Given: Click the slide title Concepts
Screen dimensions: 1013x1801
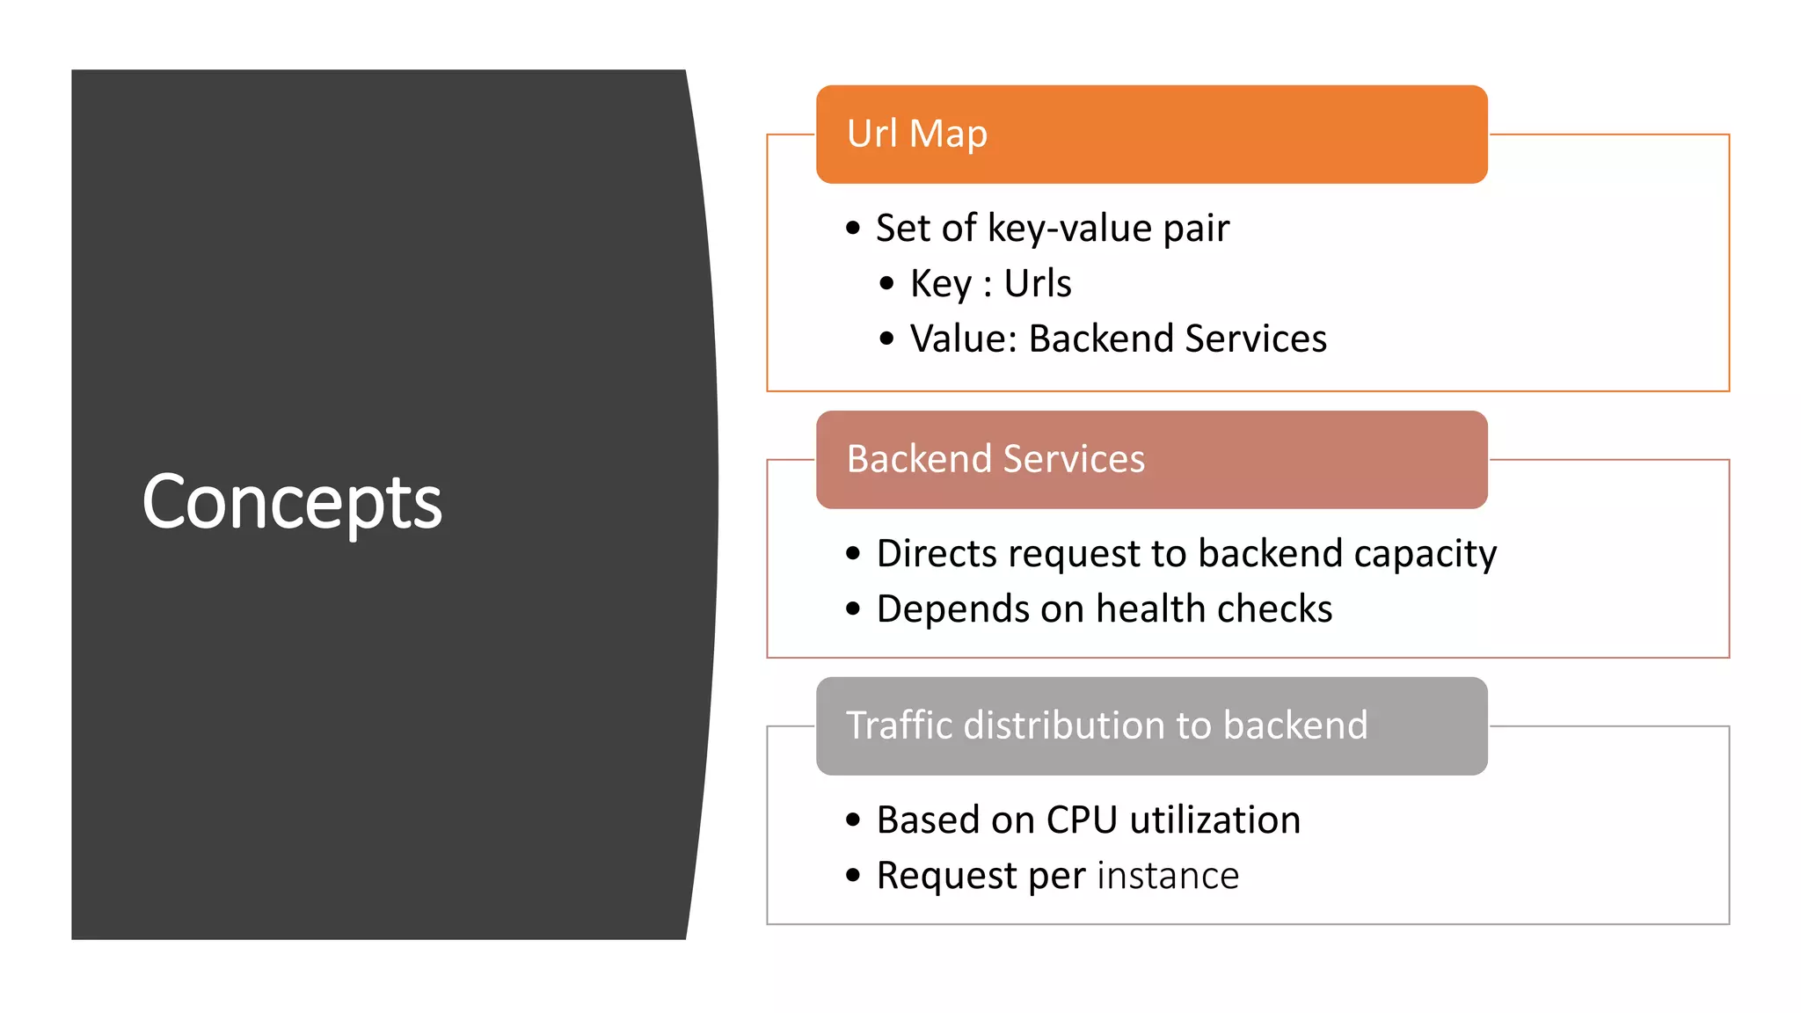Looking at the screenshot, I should [292, 503].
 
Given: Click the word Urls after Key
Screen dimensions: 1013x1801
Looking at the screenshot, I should [1038, 284].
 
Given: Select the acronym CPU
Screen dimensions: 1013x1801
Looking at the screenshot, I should [1082, 820].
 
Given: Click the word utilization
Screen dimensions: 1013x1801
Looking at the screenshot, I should [1215, 820].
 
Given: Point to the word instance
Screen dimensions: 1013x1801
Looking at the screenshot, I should [1168, 876].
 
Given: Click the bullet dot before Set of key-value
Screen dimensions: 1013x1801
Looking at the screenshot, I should [852, 229].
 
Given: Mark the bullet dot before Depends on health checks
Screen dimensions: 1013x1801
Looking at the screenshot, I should [852, 609].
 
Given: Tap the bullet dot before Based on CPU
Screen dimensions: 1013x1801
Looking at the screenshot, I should [852, 820].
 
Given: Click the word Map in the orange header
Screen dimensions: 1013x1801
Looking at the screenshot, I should [948, 135].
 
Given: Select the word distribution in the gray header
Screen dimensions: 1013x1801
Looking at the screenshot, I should [1063, 725].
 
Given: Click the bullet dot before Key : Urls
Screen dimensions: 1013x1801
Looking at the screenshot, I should [886, 283].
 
